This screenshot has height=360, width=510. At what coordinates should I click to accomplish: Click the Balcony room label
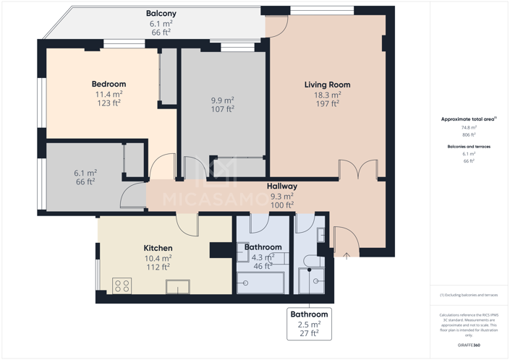pos(161,14)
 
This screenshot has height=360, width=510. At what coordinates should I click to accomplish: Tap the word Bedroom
pos(109,84)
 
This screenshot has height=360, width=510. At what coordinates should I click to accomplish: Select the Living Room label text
pos(327,85)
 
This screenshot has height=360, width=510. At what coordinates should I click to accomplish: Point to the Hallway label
pos(281,187)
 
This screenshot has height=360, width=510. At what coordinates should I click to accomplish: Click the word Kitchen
pos(158,248)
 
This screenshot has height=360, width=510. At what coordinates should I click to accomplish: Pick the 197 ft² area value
pos(327,103)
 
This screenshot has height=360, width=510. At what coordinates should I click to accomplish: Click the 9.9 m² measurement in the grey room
pos(222,100)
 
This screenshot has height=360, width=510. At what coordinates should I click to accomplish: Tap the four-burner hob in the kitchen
pos(122,286)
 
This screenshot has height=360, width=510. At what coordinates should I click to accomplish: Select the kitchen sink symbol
pos(178,287)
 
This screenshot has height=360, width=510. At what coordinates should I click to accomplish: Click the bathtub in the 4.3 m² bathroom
pos(261,282)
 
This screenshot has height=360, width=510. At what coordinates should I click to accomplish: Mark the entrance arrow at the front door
pos(347,255)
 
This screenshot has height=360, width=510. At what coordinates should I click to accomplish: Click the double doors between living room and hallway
pos(358,170)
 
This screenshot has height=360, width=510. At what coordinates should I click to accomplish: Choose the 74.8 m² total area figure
pos(469,127)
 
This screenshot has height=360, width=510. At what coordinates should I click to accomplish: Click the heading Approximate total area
pos(468,119)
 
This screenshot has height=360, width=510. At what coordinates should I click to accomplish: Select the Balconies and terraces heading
pos(469,146)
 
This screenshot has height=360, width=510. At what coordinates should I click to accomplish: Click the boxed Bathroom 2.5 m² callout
pos(309,324)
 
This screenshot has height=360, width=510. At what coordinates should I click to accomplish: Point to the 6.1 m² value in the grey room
pos(85,173)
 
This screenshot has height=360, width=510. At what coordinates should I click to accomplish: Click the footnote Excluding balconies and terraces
pos(469,295)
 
